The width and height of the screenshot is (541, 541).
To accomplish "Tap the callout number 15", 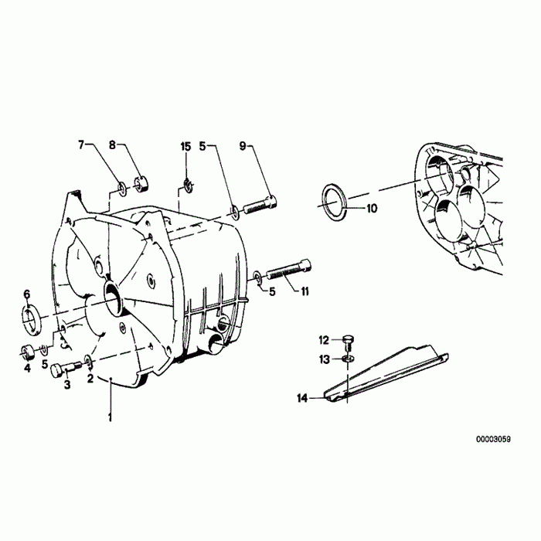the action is click(x=185, y=146).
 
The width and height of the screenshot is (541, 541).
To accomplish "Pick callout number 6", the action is click(x=26, y=294).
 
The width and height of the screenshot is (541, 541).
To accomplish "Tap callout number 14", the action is click(x=301, y=398).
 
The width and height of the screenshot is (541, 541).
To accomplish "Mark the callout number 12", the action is click(x=325, y=339).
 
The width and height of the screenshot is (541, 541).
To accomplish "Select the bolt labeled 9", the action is click(x=260, y=206).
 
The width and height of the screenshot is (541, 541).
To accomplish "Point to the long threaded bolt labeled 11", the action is click(x=289, y=270).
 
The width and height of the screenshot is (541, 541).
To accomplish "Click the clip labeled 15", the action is click(x=186, y=185).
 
